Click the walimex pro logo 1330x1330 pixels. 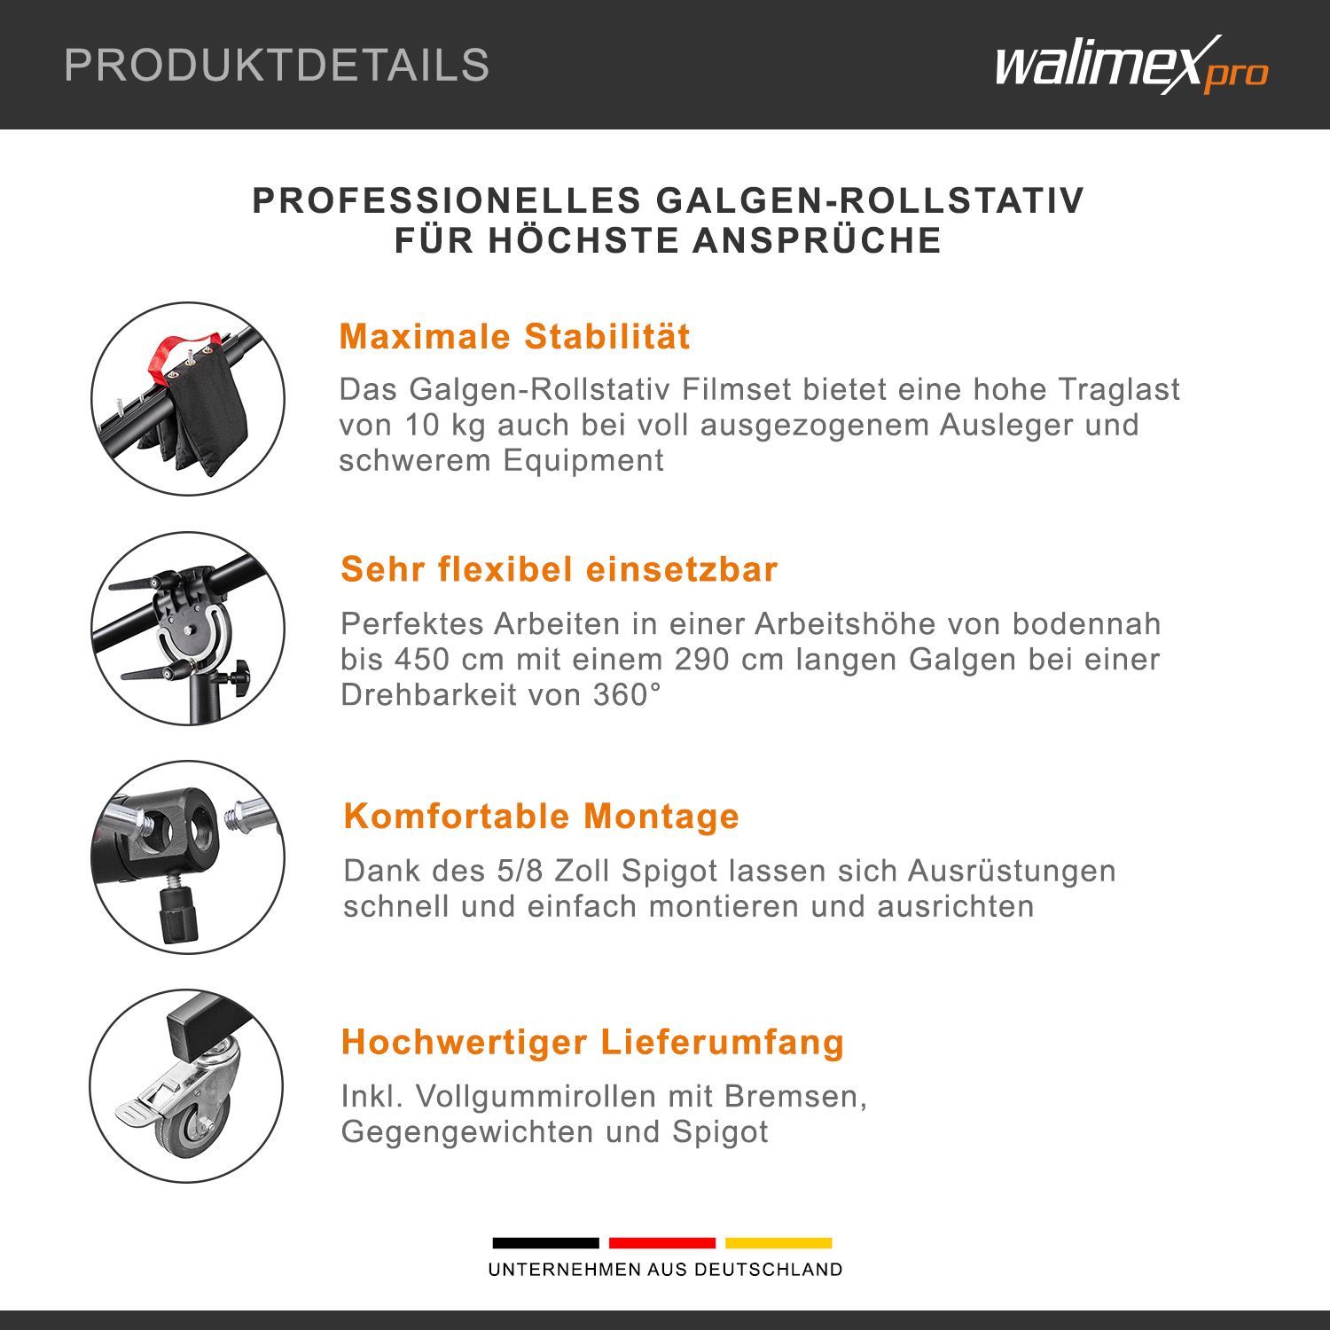1131,64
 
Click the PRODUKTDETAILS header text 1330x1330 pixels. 277,65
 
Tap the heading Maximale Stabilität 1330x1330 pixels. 514,337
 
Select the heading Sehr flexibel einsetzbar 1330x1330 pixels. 559,569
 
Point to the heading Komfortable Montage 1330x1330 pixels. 541,816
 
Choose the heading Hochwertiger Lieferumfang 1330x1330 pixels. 592,1042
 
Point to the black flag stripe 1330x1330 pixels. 545,1243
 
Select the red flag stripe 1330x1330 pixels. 661,1243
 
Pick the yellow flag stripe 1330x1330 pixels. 778,1243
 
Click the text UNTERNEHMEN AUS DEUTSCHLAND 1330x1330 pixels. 665,1270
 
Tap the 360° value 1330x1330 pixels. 627,694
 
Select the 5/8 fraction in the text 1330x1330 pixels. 514,871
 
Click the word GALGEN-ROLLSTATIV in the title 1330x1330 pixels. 870,200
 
